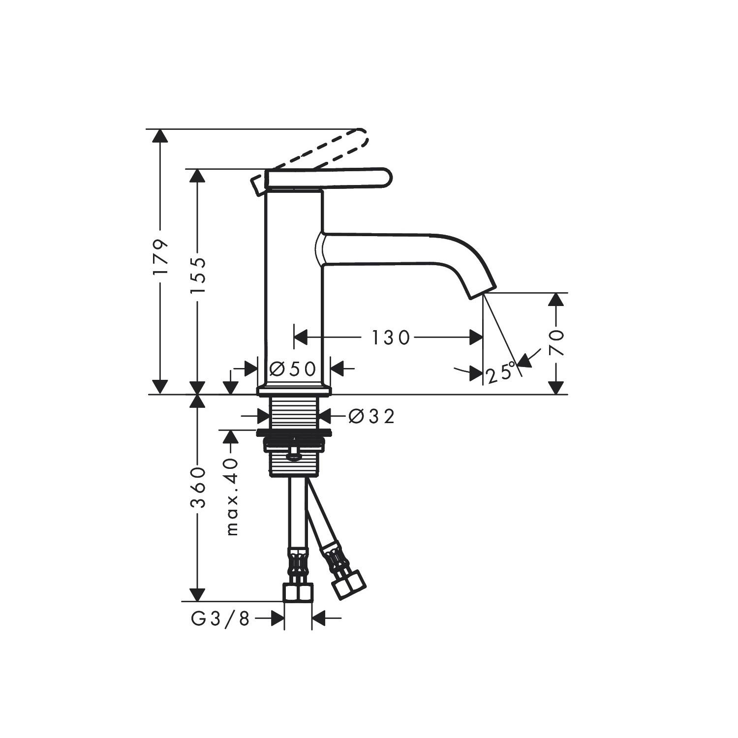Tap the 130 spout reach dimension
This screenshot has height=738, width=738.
(390, 338)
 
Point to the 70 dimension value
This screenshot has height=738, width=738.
(556, 343)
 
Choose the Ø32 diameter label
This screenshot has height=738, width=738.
(371, 416)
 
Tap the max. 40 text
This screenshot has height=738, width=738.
(232, 497)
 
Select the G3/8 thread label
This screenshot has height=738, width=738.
(220, 619)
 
